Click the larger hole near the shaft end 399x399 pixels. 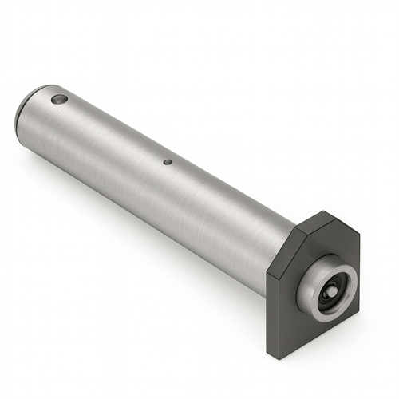tap(58, 100)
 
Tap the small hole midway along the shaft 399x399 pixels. tap(168, 162)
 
